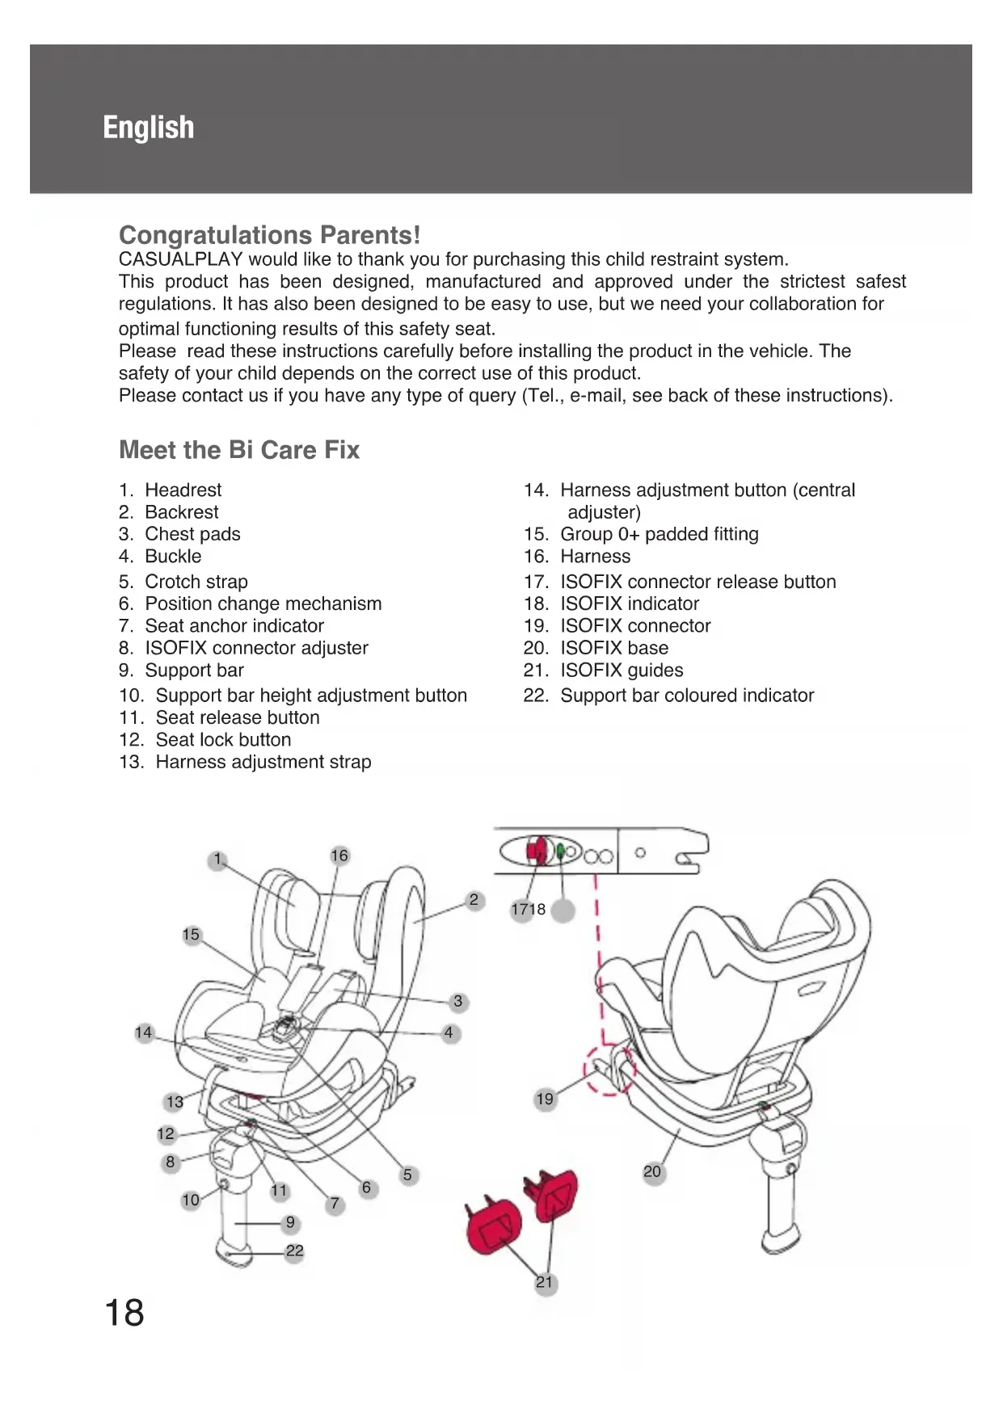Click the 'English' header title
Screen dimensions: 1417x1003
149,128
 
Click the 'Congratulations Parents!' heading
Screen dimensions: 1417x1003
269,235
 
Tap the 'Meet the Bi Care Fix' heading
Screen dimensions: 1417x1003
239,450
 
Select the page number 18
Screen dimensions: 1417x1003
124,1313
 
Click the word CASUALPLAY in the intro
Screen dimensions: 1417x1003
180,259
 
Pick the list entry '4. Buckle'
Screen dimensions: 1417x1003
160,557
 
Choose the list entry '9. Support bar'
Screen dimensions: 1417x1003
181,671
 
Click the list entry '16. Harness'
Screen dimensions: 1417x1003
577,557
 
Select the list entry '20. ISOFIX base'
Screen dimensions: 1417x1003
596,648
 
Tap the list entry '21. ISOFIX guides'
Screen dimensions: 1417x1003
603,671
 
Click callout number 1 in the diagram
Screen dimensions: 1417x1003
217,860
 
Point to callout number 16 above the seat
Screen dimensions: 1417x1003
339,856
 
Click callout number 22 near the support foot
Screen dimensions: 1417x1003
295,1251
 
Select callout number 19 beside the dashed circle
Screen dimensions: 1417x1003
546,1099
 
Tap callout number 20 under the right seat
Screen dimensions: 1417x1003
652,1171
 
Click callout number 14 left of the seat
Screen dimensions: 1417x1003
144,1032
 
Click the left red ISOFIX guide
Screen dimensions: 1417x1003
495,1226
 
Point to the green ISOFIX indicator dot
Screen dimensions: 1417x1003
561,851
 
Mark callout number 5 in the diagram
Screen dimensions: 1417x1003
407,1175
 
